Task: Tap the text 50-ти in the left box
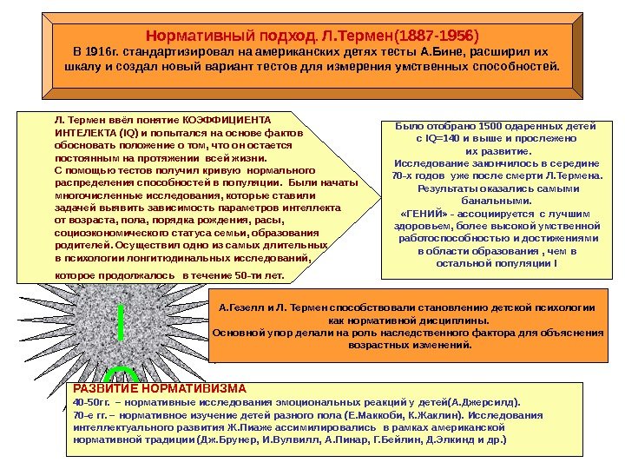tap(250, 276)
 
